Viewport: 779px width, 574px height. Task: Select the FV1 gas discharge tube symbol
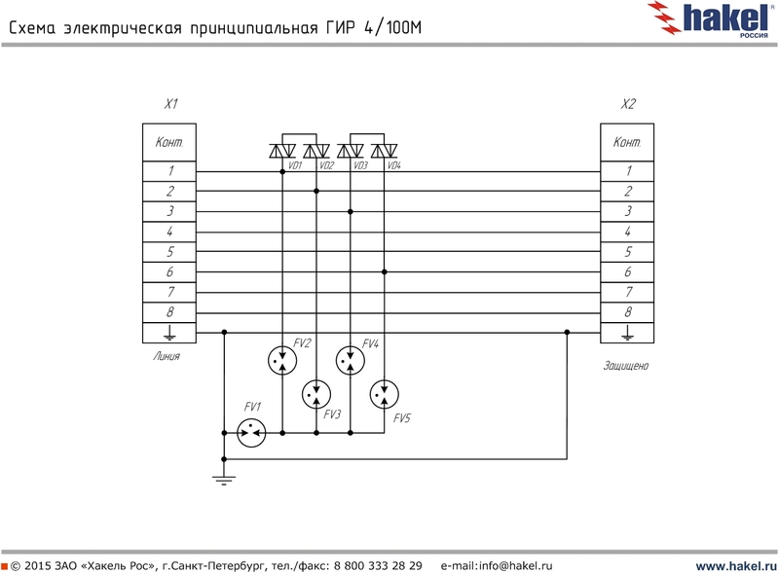252,430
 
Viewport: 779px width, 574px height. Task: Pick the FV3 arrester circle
315,393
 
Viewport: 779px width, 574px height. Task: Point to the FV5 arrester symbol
384,393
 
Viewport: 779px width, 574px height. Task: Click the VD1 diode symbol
282,151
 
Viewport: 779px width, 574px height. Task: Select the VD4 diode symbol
385,151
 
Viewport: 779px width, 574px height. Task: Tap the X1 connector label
170,104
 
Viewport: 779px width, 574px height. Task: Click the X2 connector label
628,104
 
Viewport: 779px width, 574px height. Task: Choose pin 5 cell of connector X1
170,252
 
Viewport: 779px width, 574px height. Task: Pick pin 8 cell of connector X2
628,312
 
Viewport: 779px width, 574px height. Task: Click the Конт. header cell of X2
628,143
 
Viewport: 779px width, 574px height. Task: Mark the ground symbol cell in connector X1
170,333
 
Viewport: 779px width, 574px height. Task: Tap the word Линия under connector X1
167,356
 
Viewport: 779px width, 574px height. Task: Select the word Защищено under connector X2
627,367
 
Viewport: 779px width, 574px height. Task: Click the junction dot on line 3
350,211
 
